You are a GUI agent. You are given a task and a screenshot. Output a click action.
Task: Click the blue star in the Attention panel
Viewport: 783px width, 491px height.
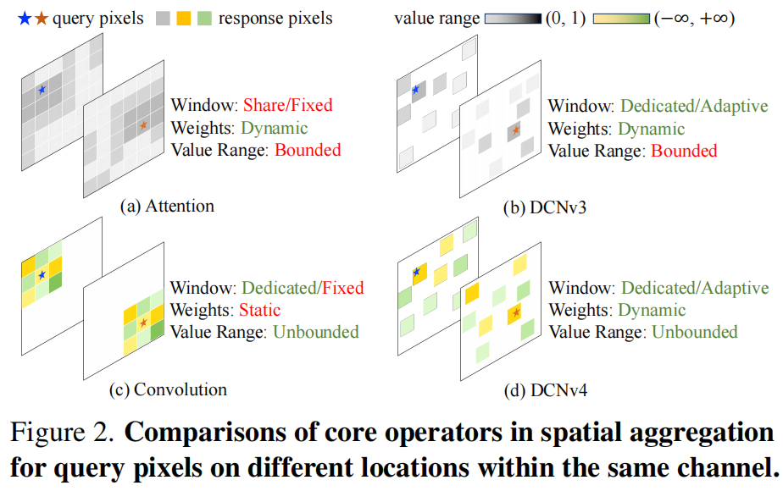[x=42, y=88]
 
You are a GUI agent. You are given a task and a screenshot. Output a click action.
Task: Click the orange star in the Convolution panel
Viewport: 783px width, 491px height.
[x=143, y=323]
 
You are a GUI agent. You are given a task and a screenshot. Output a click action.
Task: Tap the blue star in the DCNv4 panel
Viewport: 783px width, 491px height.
[x=416, y=272]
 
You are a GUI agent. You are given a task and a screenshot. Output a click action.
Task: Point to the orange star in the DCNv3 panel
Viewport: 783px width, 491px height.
[x=516, y=130]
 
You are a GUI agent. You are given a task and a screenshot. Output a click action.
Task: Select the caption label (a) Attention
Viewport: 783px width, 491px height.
[x=167, y=206]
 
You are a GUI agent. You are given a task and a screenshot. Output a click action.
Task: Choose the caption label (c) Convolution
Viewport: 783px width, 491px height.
[x=168, y=390]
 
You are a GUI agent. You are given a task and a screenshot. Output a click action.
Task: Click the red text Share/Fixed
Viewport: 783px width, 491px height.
[x=287, y=106]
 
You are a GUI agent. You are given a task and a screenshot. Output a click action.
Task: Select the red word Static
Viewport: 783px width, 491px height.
[x=261, y=310]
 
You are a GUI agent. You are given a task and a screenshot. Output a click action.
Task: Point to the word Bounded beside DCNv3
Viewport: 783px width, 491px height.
[x=683, y=151]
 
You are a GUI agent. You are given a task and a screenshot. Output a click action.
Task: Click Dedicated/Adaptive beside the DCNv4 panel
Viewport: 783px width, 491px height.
[x=694, y=288]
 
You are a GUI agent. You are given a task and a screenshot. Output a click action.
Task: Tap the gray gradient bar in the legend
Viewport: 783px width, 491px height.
[x=517, y=18]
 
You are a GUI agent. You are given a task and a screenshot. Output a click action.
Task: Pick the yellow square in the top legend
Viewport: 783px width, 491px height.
[x=185, y=18]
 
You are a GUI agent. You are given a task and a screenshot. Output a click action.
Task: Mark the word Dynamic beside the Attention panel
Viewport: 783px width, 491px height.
[x=275, y=129]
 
